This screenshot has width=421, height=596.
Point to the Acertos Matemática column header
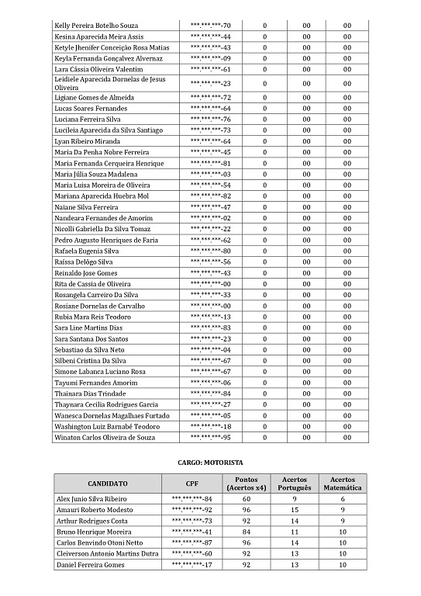[x=342, y=483]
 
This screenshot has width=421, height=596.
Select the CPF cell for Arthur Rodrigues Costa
[x=192, y=521]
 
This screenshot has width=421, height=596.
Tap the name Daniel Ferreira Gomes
[x=90, y=565]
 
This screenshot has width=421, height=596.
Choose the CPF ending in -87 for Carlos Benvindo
[x=192, y=542]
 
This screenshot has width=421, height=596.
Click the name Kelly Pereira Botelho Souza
[x=96, y=26]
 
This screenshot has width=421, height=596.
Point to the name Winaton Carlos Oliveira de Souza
[x=105, y=438]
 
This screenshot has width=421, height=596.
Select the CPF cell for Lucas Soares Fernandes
[x=211, y=109]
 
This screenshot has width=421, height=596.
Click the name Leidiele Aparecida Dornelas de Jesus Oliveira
[x=110, y=83]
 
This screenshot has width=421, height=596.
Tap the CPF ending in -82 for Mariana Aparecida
[x=211, y=197]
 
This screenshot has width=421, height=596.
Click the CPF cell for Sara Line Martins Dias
[x=211, y=328]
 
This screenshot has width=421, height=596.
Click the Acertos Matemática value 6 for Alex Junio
[x=342, y=498]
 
